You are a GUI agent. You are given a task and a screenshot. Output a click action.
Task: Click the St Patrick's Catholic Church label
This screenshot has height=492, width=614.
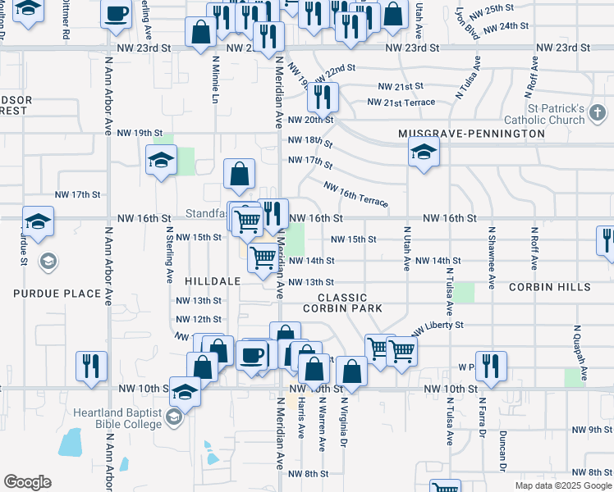tap(556, 114)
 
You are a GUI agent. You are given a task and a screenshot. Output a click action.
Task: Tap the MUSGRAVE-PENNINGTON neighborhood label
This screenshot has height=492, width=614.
tap(471, 133)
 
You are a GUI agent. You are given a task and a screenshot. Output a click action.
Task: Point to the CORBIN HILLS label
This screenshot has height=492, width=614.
tap(549, 288)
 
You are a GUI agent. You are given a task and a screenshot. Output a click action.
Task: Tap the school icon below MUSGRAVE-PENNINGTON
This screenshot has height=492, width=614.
tap(424, 153)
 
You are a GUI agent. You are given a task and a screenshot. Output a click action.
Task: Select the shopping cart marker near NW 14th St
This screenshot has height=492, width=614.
tap(263, 257)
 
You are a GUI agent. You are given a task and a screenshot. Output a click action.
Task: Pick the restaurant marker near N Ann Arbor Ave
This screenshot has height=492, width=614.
tap(90, 366)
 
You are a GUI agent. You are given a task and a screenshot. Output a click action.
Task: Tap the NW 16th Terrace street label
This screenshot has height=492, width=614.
tap(355, 194)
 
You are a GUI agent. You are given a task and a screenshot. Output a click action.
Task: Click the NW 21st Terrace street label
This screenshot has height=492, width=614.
tap(401, 102)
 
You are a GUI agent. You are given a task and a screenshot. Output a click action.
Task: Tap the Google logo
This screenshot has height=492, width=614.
tap(27, 481)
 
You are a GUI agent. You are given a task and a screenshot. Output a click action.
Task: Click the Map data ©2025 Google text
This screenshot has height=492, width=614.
tap(562, 485)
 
